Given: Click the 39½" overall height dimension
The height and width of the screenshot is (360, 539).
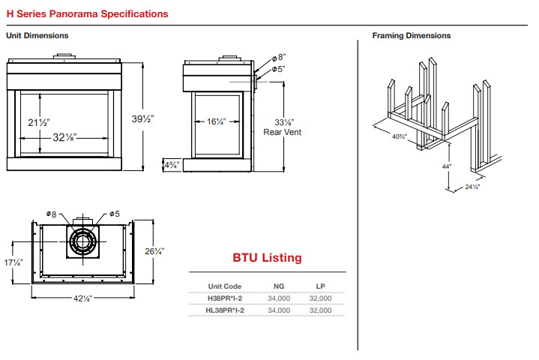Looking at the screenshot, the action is click(142, 119).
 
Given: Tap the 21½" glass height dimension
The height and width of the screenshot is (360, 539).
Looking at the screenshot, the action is click(39, 122).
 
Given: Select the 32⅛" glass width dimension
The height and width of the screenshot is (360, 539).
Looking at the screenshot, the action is click(64, 137).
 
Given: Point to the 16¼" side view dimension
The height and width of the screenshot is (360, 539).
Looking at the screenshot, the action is click(216, 121).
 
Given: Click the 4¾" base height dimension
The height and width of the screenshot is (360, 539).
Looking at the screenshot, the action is click(172, 165).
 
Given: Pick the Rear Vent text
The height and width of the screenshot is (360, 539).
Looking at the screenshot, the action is click(282, 132).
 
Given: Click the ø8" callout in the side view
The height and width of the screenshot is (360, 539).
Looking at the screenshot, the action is click(279, 58).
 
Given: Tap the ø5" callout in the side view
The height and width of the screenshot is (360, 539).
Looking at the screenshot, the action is click(279, 69).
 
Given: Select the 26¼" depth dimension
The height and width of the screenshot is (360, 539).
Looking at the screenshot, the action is click(154, 251).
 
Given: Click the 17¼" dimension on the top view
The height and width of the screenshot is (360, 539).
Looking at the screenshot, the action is click(13, 262).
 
